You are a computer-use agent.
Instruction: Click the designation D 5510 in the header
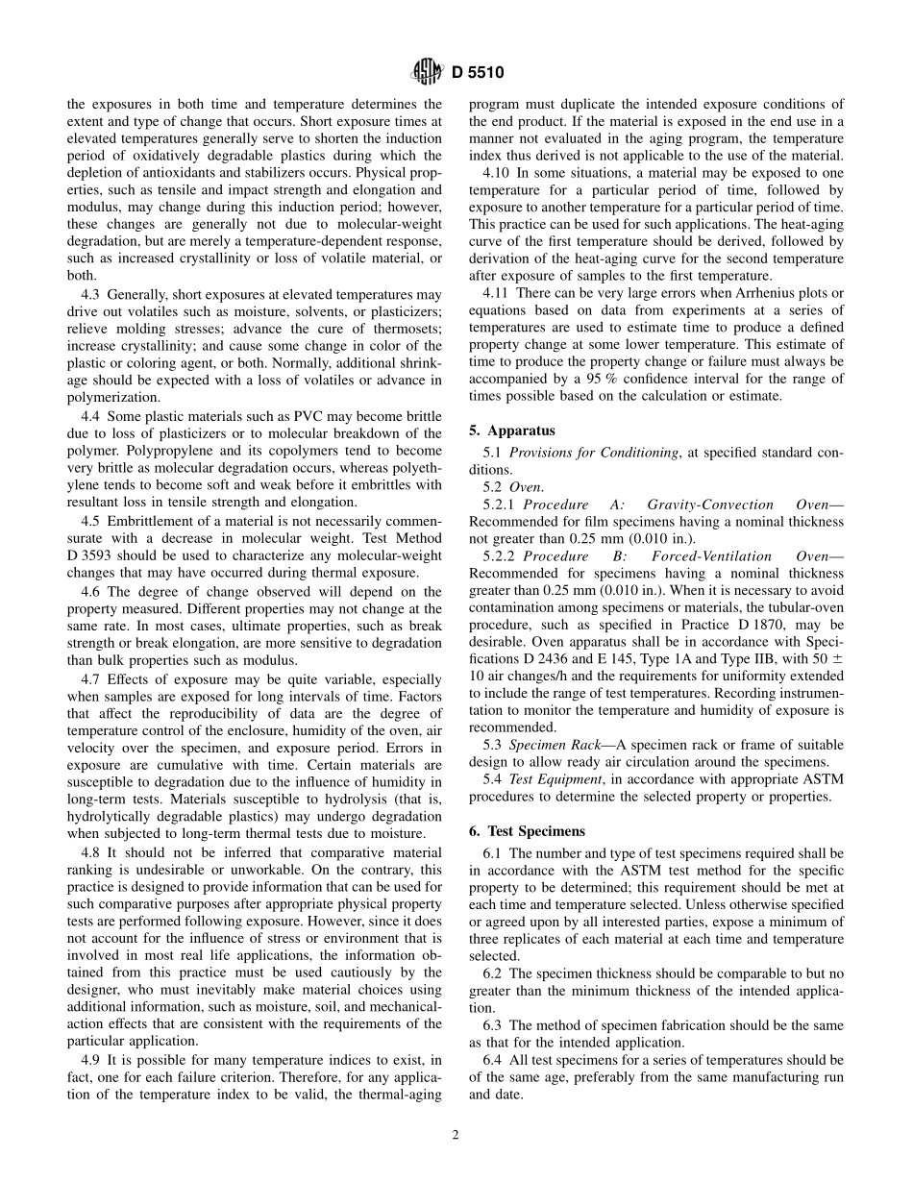coord(473,71)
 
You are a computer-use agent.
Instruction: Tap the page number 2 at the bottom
coord(456,1135)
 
